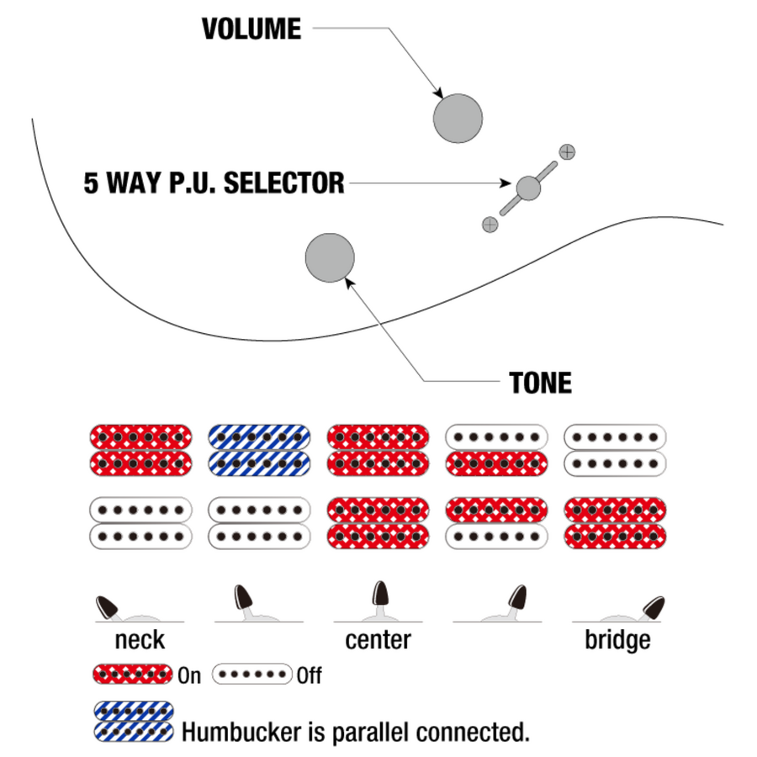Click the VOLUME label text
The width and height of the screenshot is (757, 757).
click(x=251, y=29)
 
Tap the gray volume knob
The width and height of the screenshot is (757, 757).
click(x=458, y=118)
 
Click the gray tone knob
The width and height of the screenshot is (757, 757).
click(x=330, y=257)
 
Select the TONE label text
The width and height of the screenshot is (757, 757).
click(x=540, y=384)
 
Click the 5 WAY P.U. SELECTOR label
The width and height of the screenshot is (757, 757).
click(x=214, y=183)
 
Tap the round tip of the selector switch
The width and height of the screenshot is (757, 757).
click(x=528, y=188)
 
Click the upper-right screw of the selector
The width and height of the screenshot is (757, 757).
click(x=568, y=152)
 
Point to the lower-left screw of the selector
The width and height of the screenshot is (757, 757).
click(x=490, y=224)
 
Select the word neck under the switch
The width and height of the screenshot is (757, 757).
click(x=140, y=639)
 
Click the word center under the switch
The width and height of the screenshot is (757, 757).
click(x=378, y=639)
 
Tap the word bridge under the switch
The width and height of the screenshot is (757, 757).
click(x=617, y=639)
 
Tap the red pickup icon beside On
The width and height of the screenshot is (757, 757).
click(x=132, y=675)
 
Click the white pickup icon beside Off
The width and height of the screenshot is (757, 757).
click(x=251, y=675)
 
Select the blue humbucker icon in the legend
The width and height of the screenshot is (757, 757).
click(x=134, y=721)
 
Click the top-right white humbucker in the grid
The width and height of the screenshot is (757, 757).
click(x=616, y=449)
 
